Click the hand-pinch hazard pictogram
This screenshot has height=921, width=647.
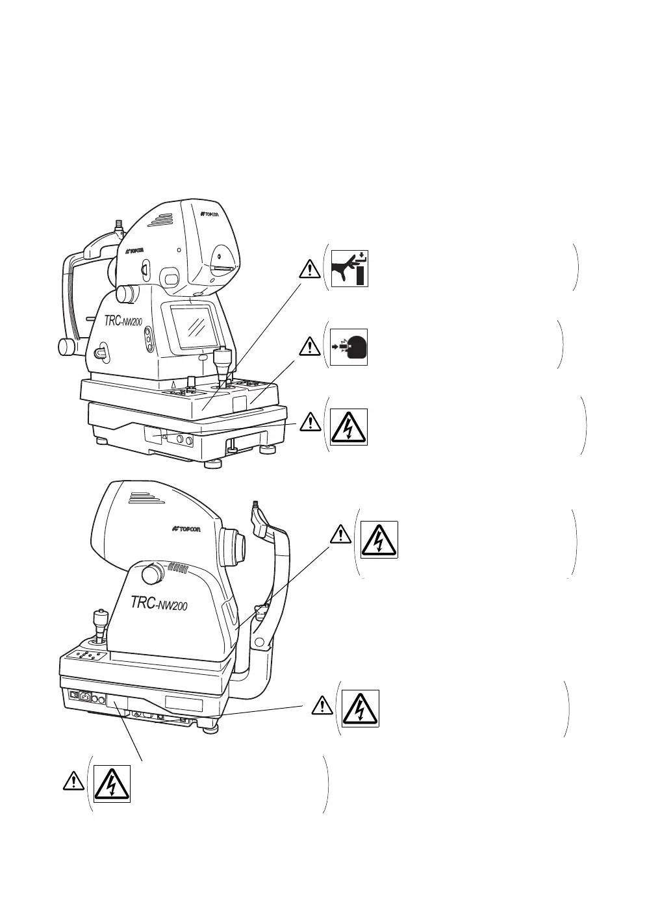click(349, 268)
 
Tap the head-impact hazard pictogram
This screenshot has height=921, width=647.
click(349, 347)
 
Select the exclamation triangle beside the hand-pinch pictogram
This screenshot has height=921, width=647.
click(311, 268)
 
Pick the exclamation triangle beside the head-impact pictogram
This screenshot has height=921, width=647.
click(311, 346)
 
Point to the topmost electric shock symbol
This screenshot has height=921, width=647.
click(349, 426)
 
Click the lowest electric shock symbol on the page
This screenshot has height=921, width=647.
click(112, 783)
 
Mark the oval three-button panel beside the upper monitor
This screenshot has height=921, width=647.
click(149, 338)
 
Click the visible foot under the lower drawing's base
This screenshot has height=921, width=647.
click(209, 729)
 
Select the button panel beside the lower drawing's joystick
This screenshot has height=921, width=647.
click(88, 658)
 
